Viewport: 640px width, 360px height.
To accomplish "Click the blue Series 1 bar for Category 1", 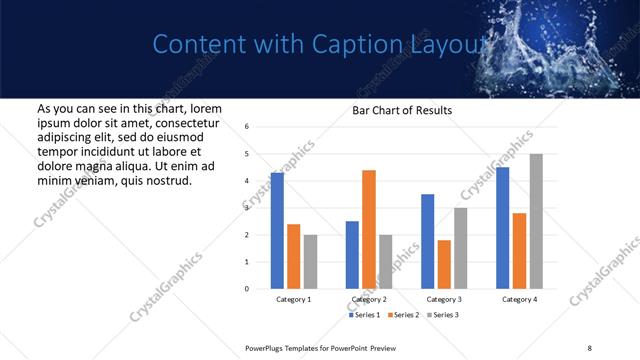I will coord(277,231).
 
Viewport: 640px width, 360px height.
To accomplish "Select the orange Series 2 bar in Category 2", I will coord(369,229).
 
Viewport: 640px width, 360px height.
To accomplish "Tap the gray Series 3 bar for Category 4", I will coord(536,221).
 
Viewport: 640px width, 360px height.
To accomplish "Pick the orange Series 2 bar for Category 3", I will coord(444,264).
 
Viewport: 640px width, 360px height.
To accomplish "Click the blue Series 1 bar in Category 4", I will coord(502,228).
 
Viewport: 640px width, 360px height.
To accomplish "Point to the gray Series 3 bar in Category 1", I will coord(311,262).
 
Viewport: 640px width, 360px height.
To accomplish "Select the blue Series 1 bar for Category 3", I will coord(427,241).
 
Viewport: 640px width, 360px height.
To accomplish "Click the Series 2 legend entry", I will coord(404,315).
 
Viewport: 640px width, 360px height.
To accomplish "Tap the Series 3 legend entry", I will coord(442,315).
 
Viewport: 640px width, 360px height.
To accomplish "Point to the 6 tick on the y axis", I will coord(247,127).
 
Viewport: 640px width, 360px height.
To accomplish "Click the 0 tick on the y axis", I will coord(247,289).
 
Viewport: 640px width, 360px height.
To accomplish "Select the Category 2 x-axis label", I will coord(369,299).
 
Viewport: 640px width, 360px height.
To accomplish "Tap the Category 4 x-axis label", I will coord(519,299).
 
